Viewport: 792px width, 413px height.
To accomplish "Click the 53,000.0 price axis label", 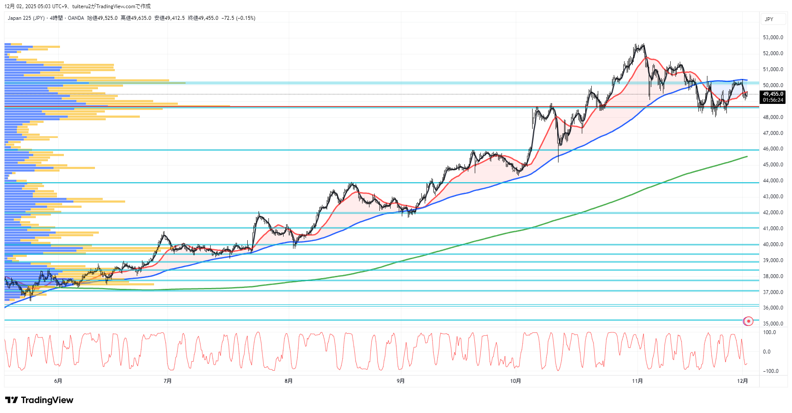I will click(x=773, y=38).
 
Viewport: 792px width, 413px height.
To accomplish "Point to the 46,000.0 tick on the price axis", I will click(x=773, y=149).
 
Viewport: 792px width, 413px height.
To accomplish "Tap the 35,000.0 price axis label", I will click(x=773, y=324).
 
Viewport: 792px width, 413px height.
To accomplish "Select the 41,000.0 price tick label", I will click(x=773, y=228).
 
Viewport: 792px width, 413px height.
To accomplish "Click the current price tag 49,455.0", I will click(x=773, y=94).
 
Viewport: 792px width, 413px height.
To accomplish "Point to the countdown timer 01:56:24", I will click(x=773, y=100).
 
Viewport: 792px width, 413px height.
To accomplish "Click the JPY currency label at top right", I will click(x=769, y=19).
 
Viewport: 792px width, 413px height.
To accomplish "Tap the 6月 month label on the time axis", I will click(x=58, y=381).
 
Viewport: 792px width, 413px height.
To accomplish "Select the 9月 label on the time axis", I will click(x=401, y=381).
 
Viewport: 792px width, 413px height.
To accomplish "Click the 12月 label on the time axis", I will click(x=742, y=381).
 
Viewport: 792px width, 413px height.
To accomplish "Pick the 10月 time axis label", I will click(x=515, y=381).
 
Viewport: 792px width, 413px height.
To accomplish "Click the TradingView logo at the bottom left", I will click(x=39, y=400).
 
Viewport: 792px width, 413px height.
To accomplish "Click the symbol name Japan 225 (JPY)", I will click(x=26, y=18).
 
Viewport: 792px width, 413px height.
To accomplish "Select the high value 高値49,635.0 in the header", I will click(x=136, y=18).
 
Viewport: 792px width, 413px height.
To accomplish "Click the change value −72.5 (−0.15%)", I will click(x=238, y=18).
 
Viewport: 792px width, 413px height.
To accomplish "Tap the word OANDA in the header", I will click(x=76, y=18).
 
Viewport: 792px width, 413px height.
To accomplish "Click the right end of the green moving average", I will click(x=747, y=156).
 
